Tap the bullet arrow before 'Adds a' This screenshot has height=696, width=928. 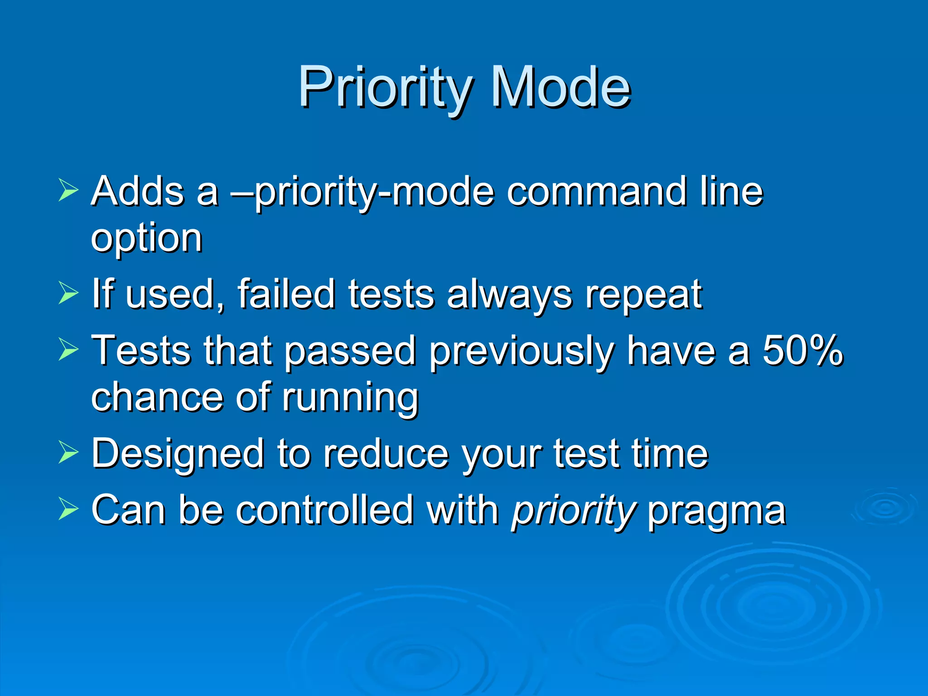tap(68, 190)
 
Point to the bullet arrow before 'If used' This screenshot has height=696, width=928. tap(68, 293)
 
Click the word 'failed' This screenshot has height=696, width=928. tap(286, 294)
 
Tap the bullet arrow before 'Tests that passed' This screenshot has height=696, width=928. tap(68, 350)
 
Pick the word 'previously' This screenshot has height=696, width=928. tap(521, 353)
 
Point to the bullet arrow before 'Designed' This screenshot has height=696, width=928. tap(68, 453)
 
